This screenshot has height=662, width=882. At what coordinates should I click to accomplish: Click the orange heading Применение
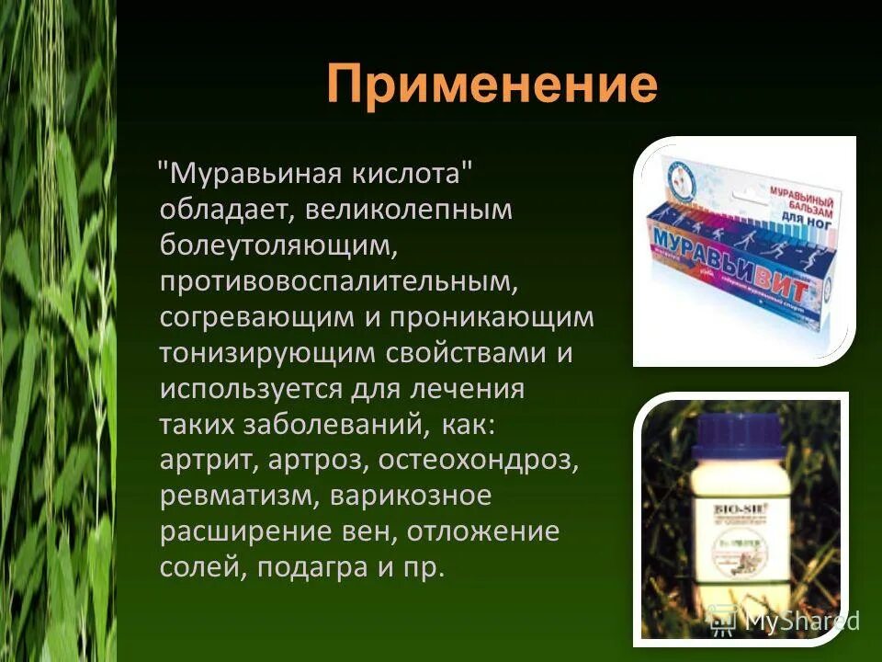tap(492, 87)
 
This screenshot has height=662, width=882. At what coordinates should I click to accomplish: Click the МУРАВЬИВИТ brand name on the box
tap(730, 257)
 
